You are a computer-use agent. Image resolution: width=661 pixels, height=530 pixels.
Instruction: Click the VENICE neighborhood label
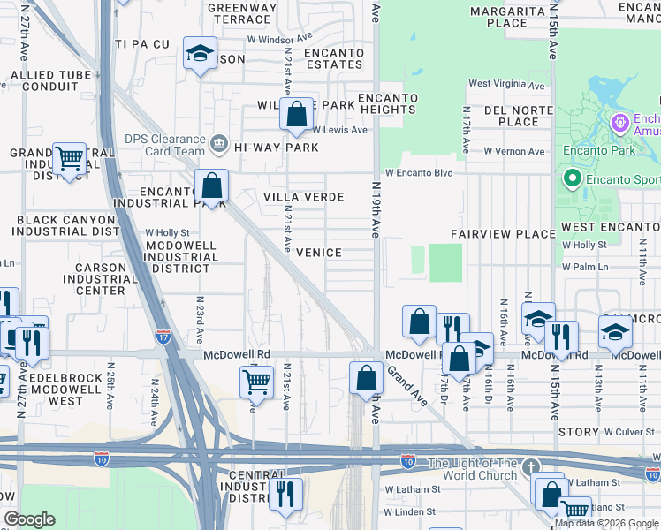[x=318, y=253]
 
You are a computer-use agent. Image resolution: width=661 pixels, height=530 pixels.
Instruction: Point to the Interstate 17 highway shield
[x=163, y=337]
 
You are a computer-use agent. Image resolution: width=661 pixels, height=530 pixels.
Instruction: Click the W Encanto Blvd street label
[x=418, y=173]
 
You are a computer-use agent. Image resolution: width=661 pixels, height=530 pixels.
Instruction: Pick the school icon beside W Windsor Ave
[x=200, y=54]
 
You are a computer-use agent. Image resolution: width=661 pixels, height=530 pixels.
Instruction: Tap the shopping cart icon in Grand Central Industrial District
[x=69, y=159]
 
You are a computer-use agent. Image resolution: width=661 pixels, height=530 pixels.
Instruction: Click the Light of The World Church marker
[x=529, y=466]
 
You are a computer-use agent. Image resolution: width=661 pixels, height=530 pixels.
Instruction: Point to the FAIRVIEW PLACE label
[x=502, y=234]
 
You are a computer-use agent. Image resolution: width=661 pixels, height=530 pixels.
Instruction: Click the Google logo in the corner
[x=29, y=519]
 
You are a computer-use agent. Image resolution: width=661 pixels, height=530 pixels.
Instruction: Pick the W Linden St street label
[x=410, y=511]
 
